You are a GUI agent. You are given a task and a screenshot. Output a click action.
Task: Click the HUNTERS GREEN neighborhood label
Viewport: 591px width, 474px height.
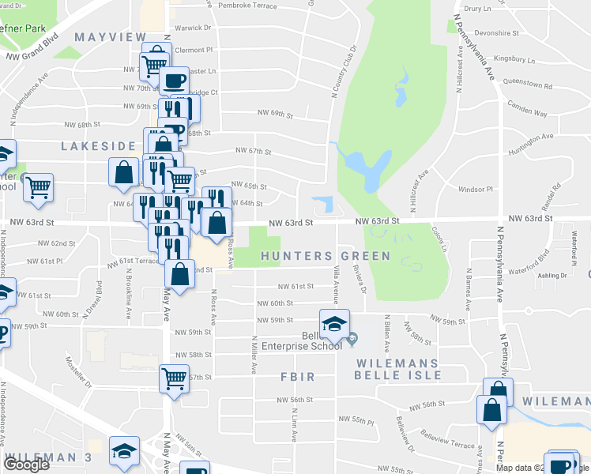325,256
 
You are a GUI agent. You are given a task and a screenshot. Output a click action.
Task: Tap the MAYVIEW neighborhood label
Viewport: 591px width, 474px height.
111,37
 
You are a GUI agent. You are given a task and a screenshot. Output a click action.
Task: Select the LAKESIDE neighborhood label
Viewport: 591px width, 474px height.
99,146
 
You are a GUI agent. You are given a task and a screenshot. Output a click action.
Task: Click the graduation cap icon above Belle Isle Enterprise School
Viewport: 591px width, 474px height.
334,323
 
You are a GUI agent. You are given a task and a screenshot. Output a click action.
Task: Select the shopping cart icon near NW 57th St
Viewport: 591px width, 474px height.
173,377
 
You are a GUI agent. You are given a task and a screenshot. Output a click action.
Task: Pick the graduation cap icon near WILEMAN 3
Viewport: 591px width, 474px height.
124,450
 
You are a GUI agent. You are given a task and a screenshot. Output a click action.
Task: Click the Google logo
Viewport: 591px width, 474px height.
26,465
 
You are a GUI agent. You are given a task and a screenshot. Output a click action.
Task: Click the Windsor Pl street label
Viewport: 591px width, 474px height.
475,189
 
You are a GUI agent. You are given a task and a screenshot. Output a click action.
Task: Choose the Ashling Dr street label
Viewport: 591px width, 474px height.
552,276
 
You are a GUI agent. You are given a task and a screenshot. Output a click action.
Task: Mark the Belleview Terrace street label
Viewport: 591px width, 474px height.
448,439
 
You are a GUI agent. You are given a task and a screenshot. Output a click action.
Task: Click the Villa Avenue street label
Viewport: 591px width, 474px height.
336,285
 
